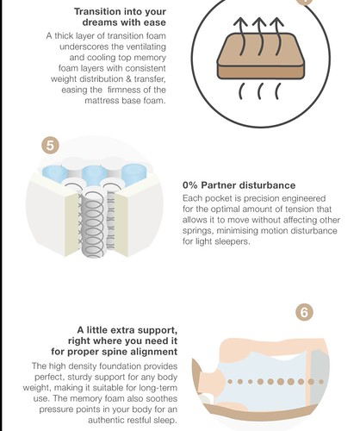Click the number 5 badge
(x=50, y=145)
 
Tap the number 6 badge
(x=304, y=312)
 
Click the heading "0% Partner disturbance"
(x=239, y=185)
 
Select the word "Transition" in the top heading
(x=96, y=11)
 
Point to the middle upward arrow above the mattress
(x=259, y=36)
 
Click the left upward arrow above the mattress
(x=241, y=36)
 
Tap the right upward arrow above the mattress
(x=277, y=36)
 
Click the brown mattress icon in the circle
(x=261, y=56)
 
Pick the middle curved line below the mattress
(x=259, y=91)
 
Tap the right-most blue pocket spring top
(x=133, y=174)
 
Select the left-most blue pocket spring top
(x=54, y=173)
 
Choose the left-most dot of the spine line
(x=230, y=382)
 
